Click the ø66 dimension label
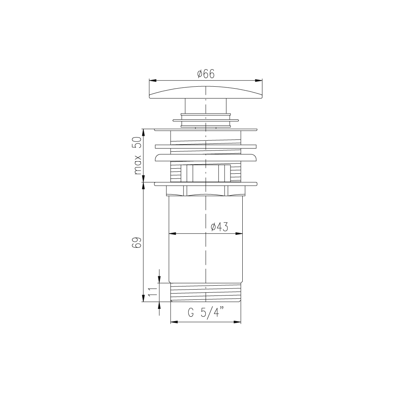click(206, 74)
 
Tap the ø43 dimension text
click(219, 227)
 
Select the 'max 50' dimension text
click(138, 156)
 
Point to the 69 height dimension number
click(137, 242)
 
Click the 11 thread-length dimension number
click(152, 292)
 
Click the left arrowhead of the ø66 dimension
click(153, 80)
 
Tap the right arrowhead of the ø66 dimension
click(259, 80)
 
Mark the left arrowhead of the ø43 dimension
click(172, 234)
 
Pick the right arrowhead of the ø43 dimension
click(239, 234)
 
